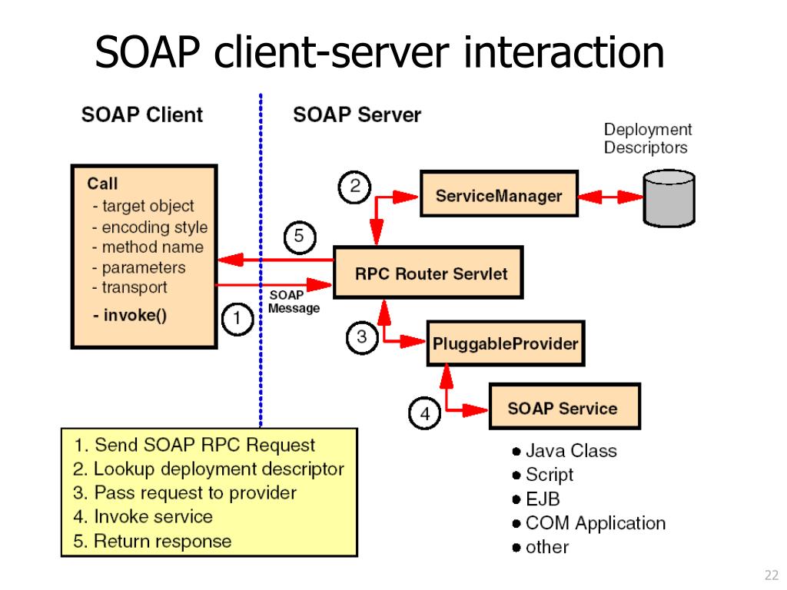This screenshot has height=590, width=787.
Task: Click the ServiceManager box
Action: click(x=498, y=196)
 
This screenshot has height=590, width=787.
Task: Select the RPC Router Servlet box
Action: click(x=427, y=273)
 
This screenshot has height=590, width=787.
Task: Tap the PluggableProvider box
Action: click(x=504, y=343)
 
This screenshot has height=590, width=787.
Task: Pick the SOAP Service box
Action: click(x=562, y=408)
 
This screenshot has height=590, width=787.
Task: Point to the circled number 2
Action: click(x=354, y=187)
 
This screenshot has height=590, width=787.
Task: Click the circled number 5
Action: click(x=299, y=237)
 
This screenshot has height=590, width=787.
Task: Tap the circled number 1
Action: click(x=237, y=317)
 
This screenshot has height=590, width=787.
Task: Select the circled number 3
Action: click(x=362, y=336)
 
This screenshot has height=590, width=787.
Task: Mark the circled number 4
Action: click(x=424, y=414)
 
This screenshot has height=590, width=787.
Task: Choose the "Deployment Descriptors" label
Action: click(x=647, y=138)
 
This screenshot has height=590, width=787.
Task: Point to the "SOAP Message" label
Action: click(x=293, y=302)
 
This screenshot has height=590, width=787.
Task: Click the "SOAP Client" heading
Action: click(x=142, y=115)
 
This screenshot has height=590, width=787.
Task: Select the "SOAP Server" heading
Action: click(x=357, y=115)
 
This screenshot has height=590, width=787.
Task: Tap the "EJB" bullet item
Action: click(x=543, y=499)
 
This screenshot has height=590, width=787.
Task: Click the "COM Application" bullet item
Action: click(x=595, y=523)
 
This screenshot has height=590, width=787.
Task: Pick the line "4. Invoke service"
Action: click(x=143, y=516)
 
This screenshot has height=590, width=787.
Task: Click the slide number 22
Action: click(x=772, y=575)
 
